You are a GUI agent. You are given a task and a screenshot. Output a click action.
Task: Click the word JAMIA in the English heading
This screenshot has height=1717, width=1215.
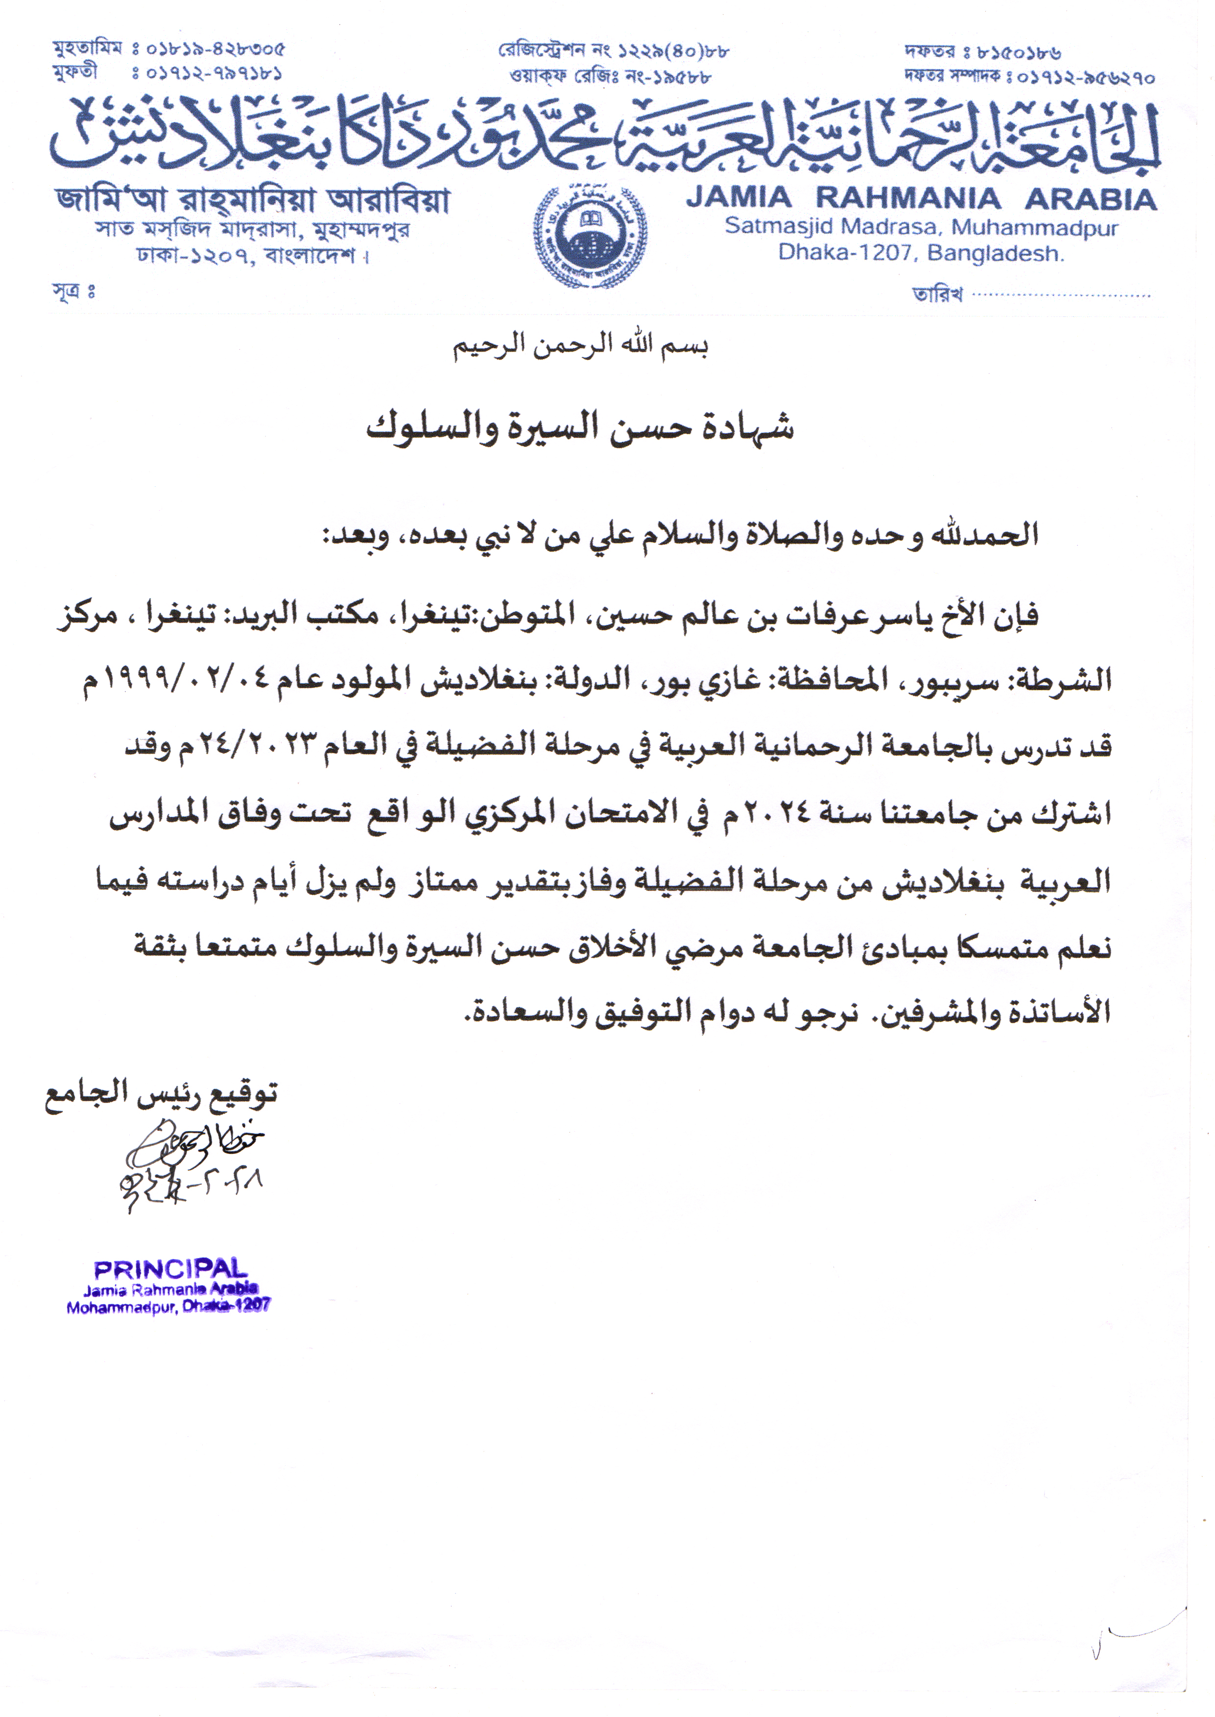click(738, 199)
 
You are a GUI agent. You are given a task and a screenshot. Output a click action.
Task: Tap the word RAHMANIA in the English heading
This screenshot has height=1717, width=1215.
click(907, 199)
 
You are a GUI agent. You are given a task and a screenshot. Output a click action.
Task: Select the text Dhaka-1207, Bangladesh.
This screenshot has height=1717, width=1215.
click(920, 253)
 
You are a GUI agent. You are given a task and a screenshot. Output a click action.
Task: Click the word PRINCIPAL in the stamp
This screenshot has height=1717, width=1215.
click(170, 1269)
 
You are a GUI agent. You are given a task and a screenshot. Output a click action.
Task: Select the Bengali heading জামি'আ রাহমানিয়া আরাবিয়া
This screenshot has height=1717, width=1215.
click(252, 200)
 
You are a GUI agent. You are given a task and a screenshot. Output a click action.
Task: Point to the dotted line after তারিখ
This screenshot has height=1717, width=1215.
click(1061, 295)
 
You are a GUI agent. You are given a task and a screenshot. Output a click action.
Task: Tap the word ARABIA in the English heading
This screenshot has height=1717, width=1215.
click(1091, 199)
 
